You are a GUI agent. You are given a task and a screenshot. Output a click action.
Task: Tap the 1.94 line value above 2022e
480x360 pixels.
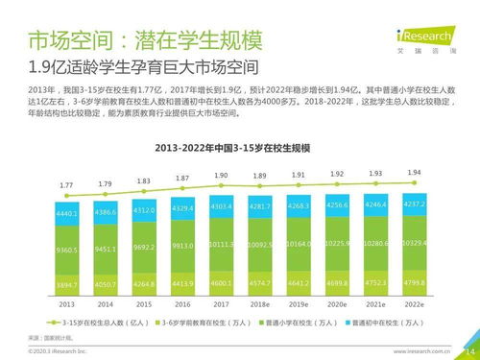tap(413, 173)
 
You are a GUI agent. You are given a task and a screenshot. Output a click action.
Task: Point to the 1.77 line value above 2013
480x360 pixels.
tap(66, 184)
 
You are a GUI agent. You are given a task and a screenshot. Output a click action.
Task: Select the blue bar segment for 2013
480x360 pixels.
tap(67, 214)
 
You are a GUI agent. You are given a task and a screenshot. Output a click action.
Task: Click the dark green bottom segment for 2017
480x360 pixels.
tap(222, 284)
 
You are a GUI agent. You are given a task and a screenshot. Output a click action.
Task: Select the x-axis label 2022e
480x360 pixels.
tap(413, 303)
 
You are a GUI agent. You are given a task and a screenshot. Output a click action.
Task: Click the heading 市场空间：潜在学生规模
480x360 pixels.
tap(131, 41)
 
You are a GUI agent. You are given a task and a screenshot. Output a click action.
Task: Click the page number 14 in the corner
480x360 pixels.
tap(469, 351)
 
